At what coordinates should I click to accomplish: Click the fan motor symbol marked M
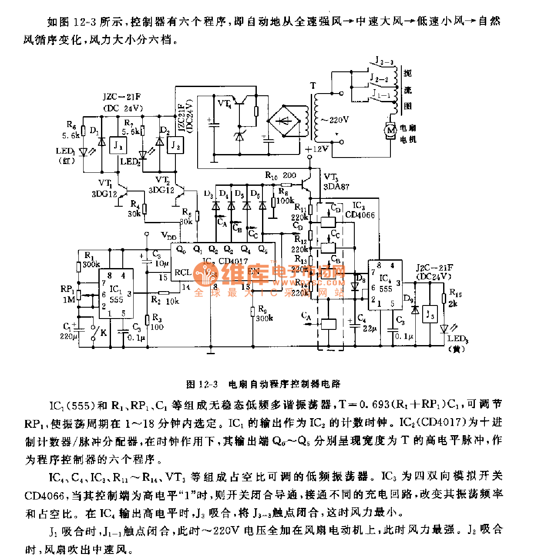pos(390,130)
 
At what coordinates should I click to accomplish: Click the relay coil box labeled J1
pos(118,146)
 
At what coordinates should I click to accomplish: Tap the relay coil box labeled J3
pos(430,314)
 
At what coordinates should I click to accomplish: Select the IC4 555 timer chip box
pos(386,285)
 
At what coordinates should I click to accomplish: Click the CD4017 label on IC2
pos(233,261)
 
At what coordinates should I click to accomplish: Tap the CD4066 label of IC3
pos(360,215)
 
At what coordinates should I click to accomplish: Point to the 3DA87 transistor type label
pos(336,187)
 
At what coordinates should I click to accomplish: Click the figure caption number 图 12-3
pos(202,384)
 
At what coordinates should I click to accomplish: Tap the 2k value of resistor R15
pos(453,304)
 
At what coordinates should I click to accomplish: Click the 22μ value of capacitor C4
pos(369,329)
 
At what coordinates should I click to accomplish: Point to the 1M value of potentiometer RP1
pos(69,299)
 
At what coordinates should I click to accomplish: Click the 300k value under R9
pos(264,318)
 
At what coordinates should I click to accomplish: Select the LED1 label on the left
pos(65,151)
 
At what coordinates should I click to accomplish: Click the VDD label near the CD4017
pos(169,236)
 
